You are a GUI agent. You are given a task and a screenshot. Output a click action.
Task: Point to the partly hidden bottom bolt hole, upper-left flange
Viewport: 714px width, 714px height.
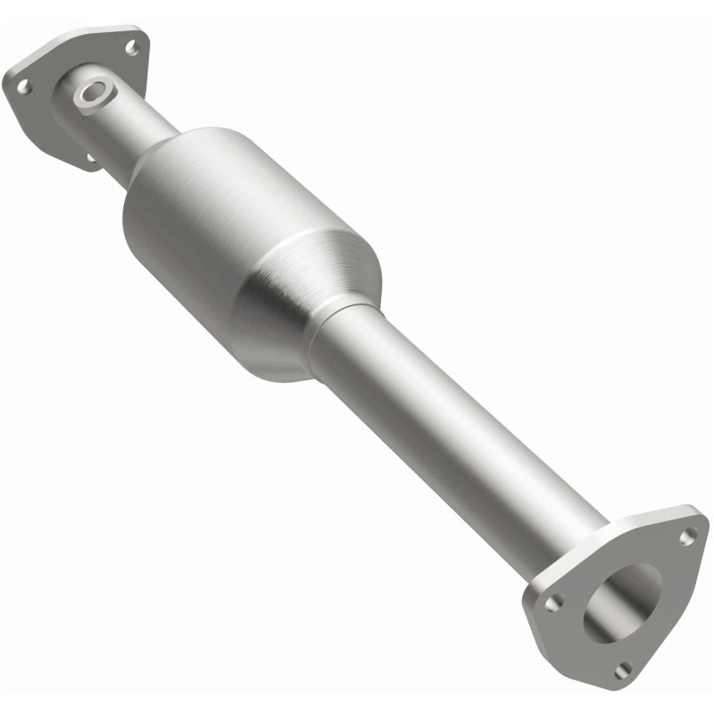(90, 160)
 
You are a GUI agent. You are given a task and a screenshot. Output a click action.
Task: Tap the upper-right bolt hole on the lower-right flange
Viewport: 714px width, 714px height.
(687, 536)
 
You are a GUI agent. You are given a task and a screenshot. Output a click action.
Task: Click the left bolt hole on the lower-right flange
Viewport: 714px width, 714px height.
(554, 603)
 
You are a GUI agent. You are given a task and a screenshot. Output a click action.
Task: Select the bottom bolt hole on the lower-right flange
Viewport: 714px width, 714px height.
(623, 668)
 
